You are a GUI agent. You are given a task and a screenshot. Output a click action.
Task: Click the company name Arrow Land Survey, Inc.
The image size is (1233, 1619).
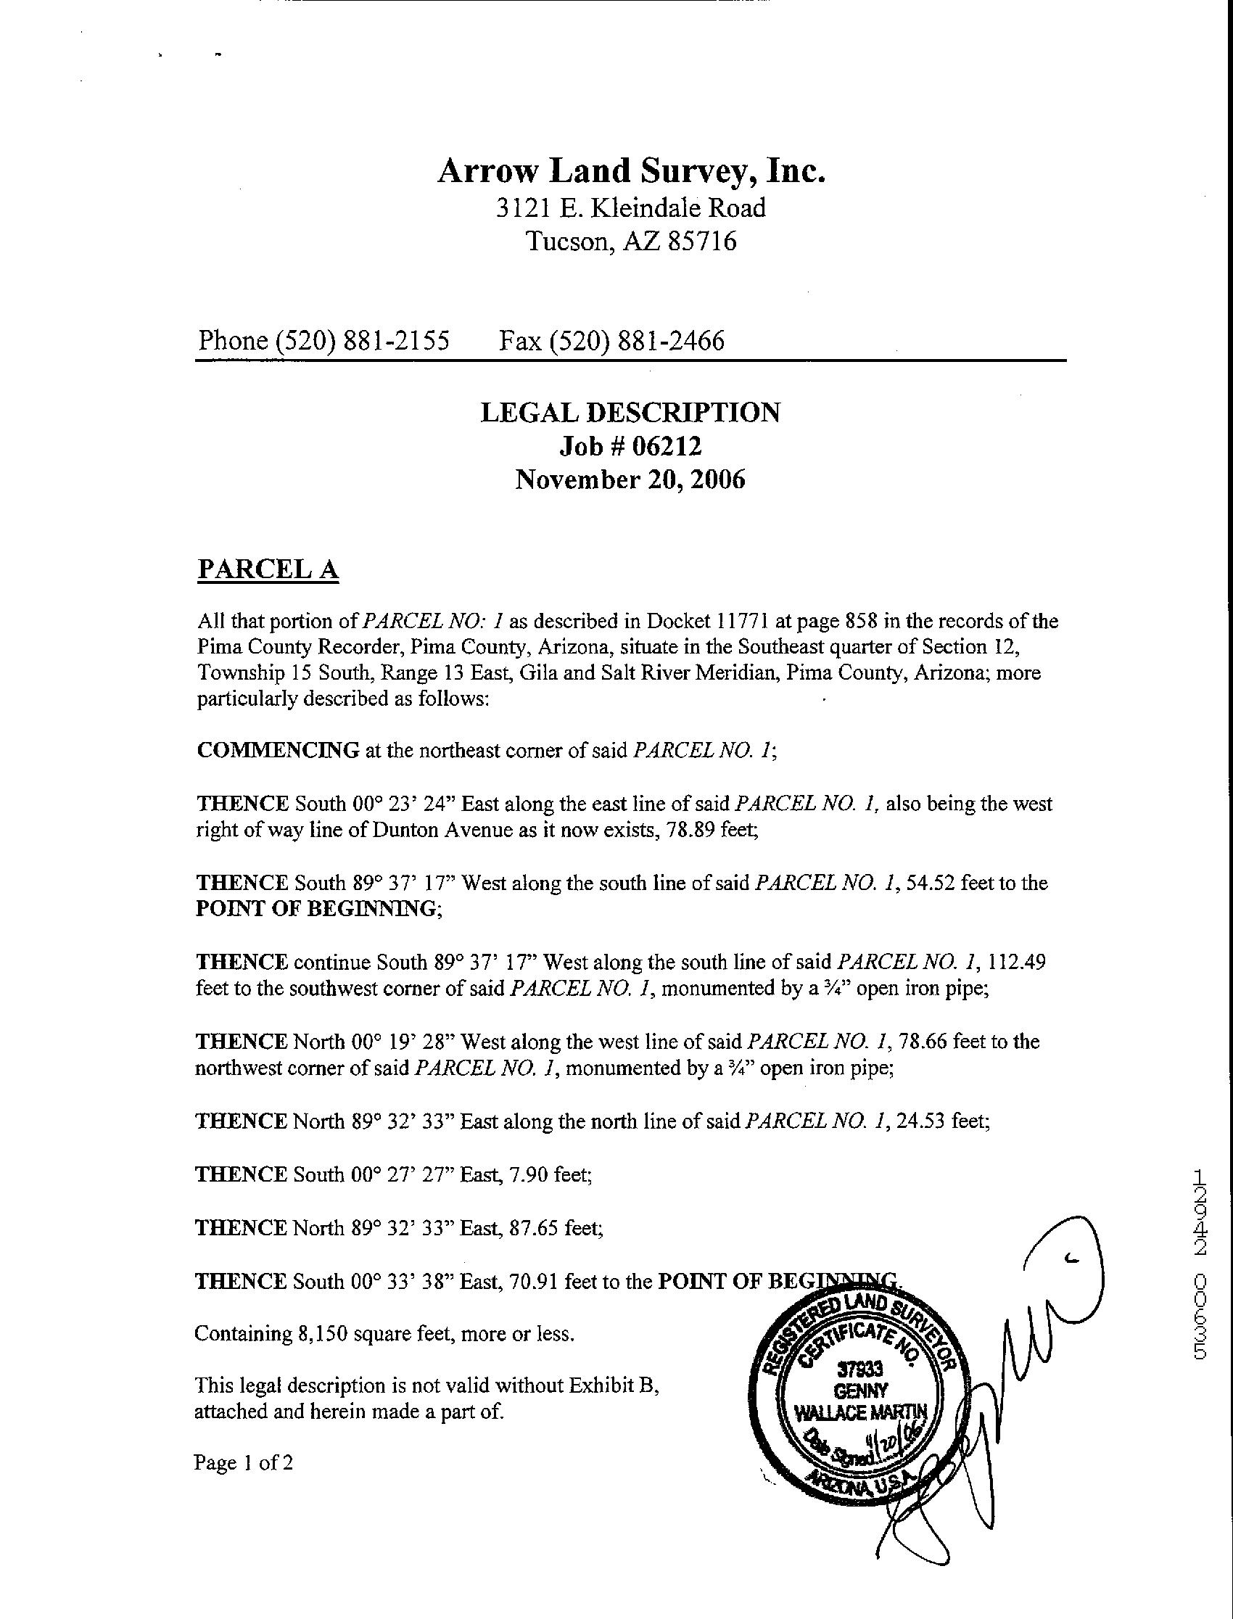click(x=631, y=172)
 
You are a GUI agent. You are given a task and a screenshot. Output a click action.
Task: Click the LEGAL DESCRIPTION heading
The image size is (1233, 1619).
click(x=630, y=413)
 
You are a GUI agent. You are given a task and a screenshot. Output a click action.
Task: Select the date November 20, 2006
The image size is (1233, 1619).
click(x=630, y=479)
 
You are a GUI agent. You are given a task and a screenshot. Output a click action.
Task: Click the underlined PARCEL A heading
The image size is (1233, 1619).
click(x=268, y=569)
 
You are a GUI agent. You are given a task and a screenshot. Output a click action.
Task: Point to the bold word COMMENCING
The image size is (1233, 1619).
click(x=279, y=751)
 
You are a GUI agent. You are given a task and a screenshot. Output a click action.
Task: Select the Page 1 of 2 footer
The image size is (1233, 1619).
click(x=243, y=1462)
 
